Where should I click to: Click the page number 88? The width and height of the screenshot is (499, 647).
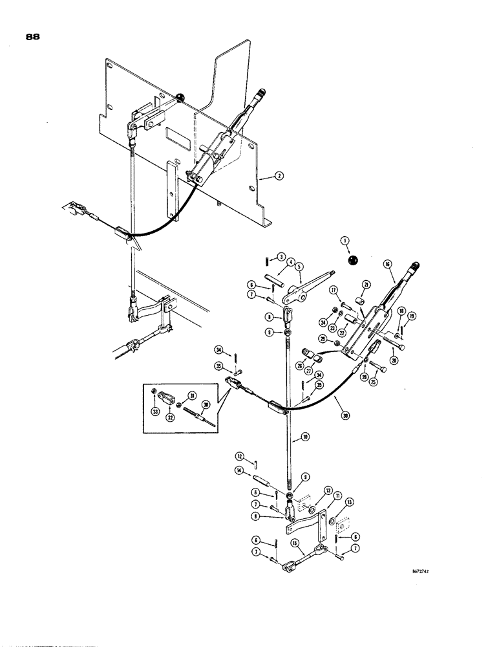[33, 38]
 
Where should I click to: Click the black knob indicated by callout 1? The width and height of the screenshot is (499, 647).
[353, 260]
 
